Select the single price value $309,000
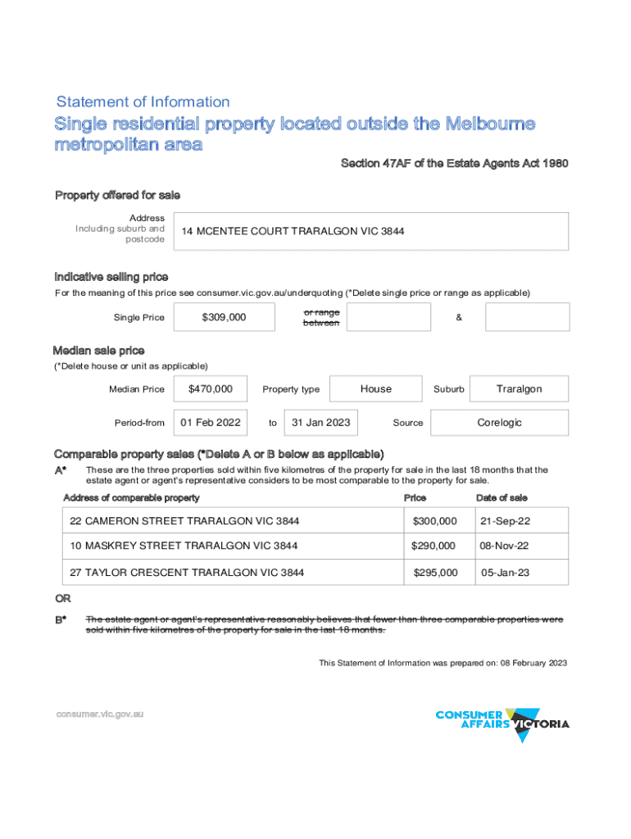[224, 317]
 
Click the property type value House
[376, 389]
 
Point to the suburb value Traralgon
[519, 389]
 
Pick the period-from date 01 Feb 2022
[211, 423]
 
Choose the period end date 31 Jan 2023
[321, 423]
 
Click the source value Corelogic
[499, 423]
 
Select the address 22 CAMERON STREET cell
[185, 521]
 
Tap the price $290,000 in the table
[434, 546]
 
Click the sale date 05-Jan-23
[505, 573]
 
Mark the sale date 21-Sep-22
[505, 521]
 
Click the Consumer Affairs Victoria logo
[502, 724]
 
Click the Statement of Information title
[143, 102]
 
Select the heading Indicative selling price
[111, 276]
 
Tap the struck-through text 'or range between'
[321, 318]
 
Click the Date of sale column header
[502, 497]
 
